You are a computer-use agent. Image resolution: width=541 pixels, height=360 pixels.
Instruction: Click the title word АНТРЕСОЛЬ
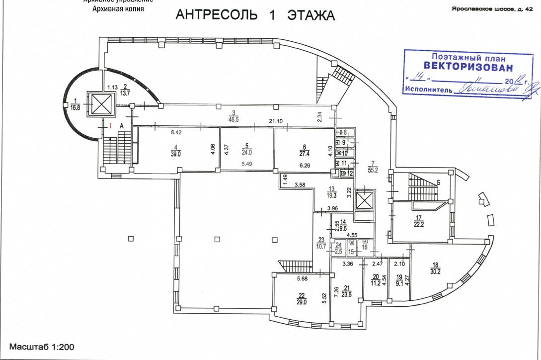coord(217,15)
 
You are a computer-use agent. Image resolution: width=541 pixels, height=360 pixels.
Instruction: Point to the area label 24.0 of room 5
coord(246,153)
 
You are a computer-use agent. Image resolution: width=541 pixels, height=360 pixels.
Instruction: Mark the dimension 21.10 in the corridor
coord(276,121)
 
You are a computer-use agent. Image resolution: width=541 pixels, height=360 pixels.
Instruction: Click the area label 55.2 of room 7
coord(373,170)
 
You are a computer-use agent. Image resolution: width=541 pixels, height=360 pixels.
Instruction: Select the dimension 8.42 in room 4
coord(176,133)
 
